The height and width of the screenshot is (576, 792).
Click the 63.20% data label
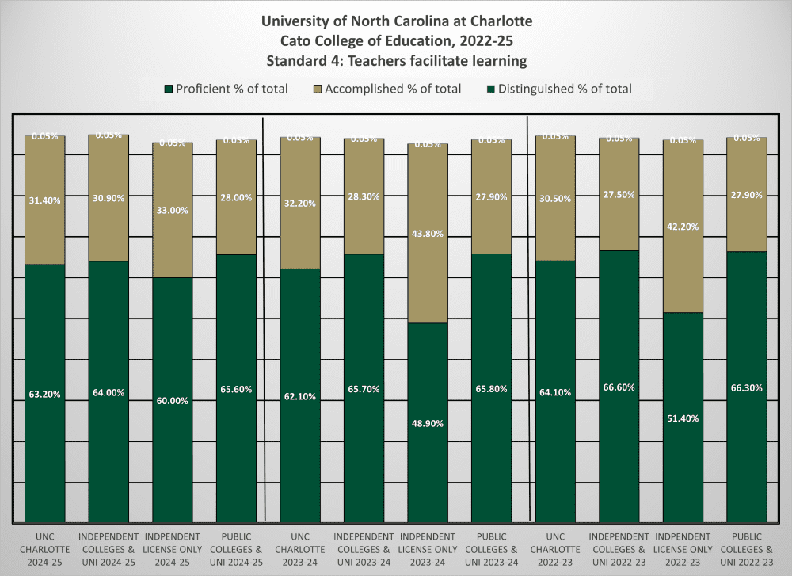44,394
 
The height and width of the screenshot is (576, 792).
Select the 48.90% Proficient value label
428,423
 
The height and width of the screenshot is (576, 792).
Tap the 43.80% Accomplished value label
428,234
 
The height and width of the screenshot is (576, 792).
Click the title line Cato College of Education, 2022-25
396,40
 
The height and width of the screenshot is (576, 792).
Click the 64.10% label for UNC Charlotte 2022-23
555,392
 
